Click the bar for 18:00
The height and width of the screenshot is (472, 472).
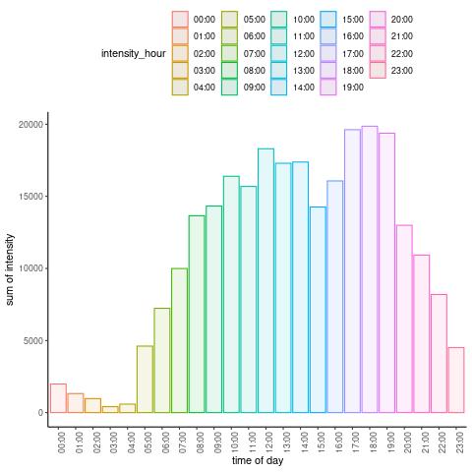(x=370, y=269)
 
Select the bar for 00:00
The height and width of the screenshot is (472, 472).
(x=58, y=398)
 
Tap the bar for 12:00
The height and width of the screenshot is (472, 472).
(x=265, y=280)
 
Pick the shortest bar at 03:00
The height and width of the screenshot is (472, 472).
(x=110, y=409)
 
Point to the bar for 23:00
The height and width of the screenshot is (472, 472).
(x=456, y=380)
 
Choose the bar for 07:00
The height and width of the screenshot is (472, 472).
(x=179, y=340)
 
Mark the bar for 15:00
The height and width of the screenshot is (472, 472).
(x=318, y=310)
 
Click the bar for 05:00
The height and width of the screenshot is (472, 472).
(x=145, y=379)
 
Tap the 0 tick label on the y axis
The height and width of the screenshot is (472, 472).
(x=40, y=413)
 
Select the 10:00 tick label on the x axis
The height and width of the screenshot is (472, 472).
(x=234, y=442)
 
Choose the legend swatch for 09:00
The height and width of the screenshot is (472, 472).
(x=229, y=88)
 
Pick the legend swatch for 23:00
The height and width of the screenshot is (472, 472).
(x=378, y=70)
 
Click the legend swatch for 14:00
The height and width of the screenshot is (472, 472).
(x=279, y=88)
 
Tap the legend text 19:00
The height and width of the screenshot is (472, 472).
(x=353, y=88)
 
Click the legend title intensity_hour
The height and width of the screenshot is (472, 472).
(x=134, y=53)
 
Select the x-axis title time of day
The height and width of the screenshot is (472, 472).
(x=258, y=460)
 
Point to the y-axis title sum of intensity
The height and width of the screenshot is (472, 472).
(x=10, y=269)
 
